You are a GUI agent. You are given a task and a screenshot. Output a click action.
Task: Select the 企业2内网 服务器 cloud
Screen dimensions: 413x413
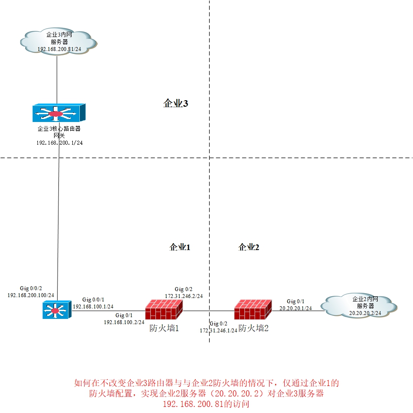359,305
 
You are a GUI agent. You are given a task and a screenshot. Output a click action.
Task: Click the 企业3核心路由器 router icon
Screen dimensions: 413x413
58,113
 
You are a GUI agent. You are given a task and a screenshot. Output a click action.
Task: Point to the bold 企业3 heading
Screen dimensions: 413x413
175,104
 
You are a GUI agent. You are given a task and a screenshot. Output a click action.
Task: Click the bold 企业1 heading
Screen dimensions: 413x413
180,247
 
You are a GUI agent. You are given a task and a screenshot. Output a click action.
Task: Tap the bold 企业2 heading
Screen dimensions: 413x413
249,247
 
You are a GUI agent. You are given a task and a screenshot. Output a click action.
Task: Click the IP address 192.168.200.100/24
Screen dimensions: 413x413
31,295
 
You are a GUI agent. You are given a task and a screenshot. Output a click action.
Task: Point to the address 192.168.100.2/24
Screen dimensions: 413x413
124,322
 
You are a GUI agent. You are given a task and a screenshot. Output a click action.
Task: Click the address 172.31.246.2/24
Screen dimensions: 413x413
184,296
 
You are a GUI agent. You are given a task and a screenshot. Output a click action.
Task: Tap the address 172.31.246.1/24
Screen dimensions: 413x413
218,331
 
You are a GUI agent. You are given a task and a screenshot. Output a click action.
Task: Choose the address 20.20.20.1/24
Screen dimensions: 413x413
296,308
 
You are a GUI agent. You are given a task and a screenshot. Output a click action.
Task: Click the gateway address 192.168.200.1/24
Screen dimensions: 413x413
59,142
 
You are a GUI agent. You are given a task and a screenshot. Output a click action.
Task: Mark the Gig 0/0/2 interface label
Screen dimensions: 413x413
31,288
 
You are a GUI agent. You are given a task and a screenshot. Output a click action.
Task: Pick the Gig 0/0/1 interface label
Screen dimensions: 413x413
93,300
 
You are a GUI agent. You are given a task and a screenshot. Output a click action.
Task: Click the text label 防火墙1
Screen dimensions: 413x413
164,328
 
